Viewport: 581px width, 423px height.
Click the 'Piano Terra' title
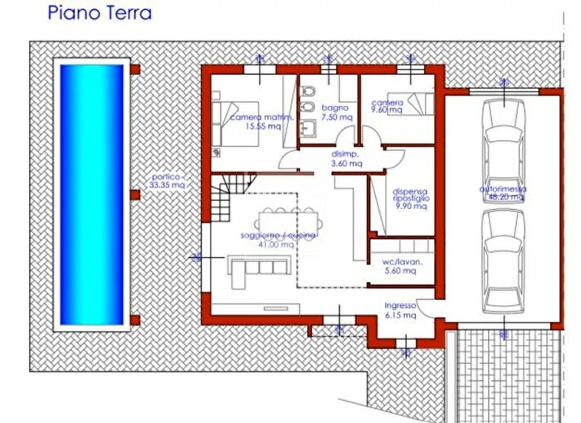coord(100,13)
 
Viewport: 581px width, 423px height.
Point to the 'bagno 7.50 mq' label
coord(335,113)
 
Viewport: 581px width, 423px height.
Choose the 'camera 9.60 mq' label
coord(386,105)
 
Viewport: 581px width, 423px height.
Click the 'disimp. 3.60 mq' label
coord(346,159)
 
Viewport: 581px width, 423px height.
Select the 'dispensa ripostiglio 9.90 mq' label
coord(410,200)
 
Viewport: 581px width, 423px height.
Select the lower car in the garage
coord(501,257)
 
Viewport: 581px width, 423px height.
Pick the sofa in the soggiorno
coord(254,266)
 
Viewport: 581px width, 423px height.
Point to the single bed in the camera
coord(418,105)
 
